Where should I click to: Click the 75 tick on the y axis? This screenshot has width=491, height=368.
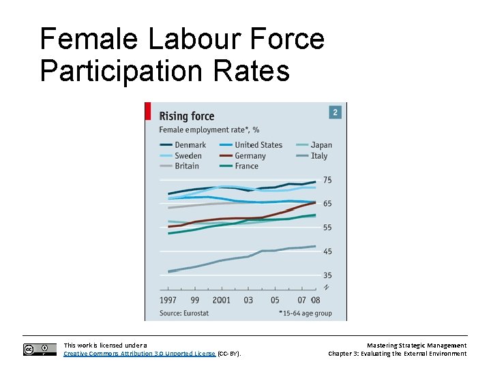(x=327, y=180)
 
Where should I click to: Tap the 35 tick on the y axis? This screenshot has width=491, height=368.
(x=327, y=275)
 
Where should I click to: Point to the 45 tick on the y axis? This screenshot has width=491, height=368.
(x=327, y=251)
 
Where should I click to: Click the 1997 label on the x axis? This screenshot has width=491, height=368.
(x=168, y=300)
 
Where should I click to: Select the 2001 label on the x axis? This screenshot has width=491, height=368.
(x=222, y=300)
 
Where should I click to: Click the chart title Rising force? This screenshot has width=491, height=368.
(x=186, y=116)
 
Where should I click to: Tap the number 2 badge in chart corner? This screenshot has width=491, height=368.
(x=335, y=112)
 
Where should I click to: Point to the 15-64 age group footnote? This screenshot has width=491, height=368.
(x=306, y=313)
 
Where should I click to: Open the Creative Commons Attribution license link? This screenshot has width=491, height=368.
(x=139, y=354)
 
